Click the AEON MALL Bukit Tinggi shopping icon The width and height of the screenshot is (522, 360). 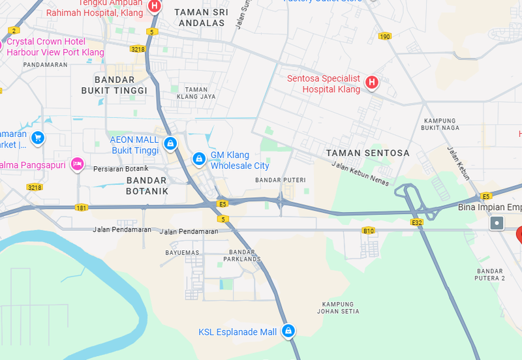pyautogui.click(x=170, y=143)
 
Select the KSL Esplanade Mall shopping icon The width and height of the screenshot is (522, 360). pyautogui.click(x=287, y=331)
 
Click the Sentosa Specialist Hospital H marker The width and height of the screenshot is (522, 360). pyautogui.click(x=371, y=82)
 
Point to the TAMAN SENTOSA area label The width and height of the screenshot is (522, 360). pyautogui.click(x=368, y=153)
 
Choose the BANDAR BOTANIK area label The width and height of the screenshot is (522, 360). pyautogui.click(x=147, y=185)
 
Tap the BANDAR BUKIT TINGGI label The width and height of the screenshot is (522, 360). pyautogui.click(x=114, y=85)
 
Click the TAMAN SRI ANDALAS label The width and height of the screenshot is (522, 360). pyautogui.click(x=204, y=17)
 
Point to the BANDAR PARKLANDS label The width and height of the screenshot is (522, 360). pyautogui.click(x=241, y=256)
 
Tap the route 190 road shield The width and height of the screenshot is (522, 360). pyautogui.click(x=385, y=37)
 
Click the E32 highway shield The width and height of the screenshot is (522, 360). pyautogui.click(x=418, y=222)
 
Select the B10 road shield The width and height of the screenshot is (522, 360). pyautogui.click(x=369, y=231)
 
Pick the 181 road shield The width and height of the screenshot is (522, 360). pyautogui.click(x=81, y=208)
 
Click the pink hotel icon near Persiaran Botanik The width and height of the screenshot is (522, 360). pyautogui.click(x=77, y=164)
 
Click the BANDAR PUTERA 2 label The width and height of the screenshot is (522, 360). pyautogui.click(x=491, y=274)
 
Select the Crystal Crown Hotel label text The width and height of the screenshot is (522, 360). pyautogui.click(x=55, y=47)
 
